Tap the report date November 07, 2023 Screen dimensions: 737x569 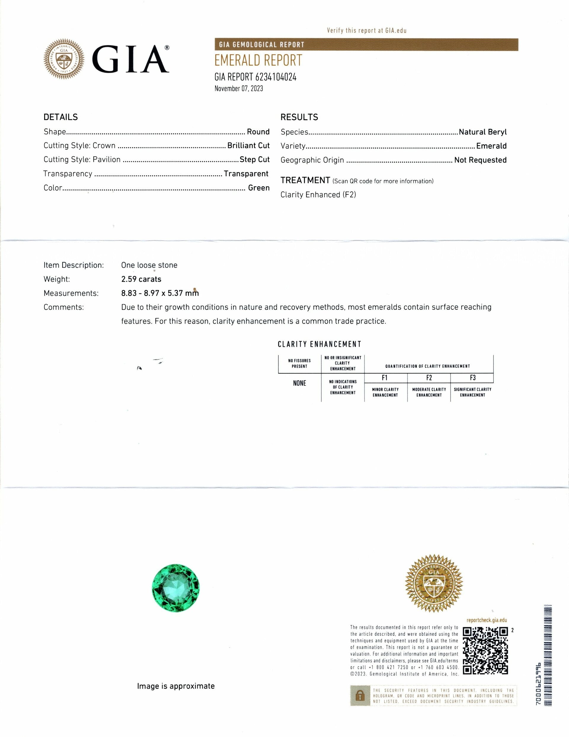(239, 89)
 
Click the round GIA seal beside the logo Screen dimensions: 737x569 (64, 59)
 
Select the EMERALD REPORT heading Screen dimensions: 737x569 (258, 61)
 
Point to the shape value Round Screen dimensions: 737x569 (258, 132)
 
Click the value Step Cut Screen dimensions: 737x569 (254, 159)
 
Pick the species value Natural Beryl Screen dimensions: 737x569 (482, 132)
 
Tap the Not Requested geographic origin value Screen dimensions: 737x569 (480, 160)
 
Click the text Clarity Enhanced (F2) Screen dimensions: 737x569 (318, 195)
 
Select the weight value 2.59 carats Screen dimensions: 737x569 (141, 279)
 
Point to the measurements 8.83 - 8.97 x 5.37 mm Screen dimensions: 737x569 (160, 293)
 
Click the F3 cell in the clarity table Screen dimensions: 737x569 (472, 378)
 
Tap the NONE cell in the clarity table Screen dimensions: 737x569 (300, 383)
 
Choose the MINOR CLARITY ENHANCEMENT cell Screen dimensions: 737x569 (385, 392)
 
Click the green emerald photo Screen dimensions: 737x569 (176, 588)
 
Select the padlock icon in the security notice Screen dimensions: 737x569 (358, 695)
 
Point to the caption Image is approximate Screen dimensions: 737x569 (176, 686)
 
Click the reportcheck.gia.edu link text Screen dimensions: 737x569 (486, 620)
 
